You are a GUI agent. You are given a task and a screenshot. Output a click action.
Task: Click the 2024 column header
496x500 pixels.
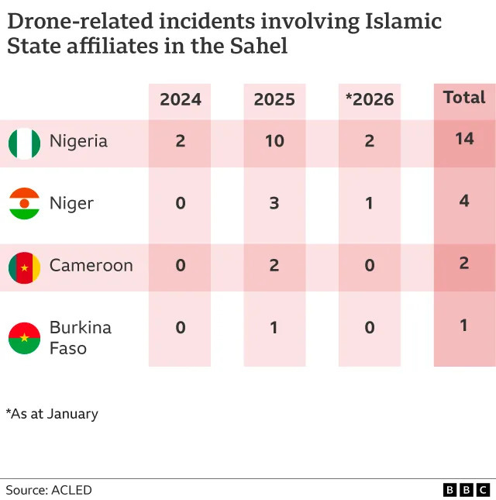coord(180,99)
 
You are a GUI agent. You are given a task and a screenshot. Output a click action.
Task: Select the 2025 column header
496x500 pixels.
coord(274,99)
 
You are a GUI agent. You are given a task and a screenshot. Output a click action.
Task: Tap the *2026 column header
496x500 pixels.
coord(369,99)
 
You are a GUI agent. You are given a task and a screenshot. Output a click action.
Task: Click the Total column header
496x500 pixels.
coord(464,98)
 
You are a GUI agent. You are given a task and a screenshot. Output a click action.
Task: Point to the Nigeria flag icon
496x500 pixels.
coord(24,143)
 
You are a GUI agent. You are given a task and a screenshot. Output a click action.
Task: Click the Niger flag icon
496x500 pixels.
coord(24,204)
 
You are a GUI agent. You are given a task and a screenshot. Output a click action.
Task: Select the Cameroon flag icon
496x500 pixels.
coord(24,267)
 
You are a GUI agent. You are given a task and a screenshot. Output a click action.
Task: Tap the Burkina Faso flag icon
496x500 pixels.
coord(24,338)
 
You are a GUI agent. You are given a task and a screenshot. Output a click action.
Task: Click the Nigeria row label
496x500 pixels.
coord(78,141)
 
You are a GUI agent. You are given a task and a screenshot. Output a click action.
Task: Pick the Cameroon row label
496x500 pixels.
coord(91,265)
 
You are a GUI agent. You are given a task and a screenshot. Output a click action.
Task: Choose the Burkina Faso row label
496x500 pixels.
coord(80,337)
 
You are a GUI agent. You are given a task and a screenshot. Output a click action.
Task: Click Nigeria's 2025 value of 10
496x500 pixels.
coord(274,141)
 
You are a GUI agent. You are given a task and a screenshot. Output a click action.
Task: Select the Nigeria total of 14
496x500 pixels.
coord(464,139)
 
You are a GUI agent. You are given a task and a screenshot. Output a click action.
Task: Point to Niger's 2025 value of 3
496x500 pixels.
coord(274,203)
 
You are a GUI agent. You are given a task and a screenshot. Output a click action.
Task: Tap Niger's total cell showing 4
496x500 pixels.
coord(464,201)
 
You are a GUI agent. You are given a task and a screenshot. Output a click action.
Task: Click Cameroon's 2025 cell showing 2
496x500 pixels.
coord(274,265)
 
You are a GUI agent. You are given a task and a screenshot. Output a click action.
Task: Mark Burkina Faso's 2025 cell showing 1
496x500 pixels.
coord(274,327)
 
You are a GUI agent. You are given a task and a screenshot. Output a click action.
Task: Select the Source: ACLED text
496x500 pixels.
coord(49,490)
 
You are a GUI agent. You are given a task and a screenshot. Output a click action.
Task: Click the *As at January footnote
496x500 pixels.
coord(52,413)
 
